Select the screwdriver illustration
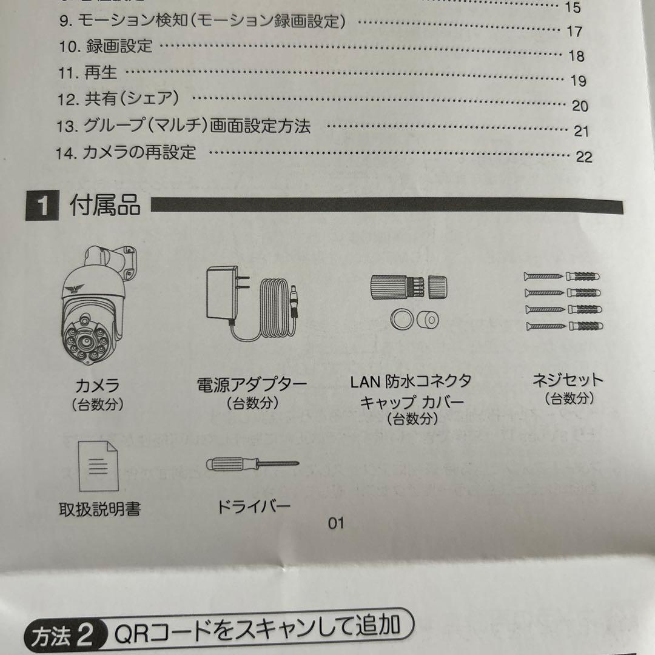pos(252,465)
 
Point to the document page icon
pos(99,466)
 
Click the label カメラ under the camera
pos(98,385)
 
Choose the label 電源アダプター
pos(252,385)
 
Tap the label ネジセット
pos(568,380)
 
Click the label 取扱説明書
pos(99,509)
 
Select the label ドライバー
pos(254,506)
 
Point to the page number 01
pos(336,522)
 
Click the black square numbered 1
pos(42,207)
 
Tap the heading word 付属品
pos(105,206)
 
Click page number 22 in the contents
pos(583,156)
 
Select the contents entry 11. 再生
pos(88,73)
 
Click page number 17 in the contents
pos(574,32)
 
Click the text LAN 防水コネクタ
pos(411,381)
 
